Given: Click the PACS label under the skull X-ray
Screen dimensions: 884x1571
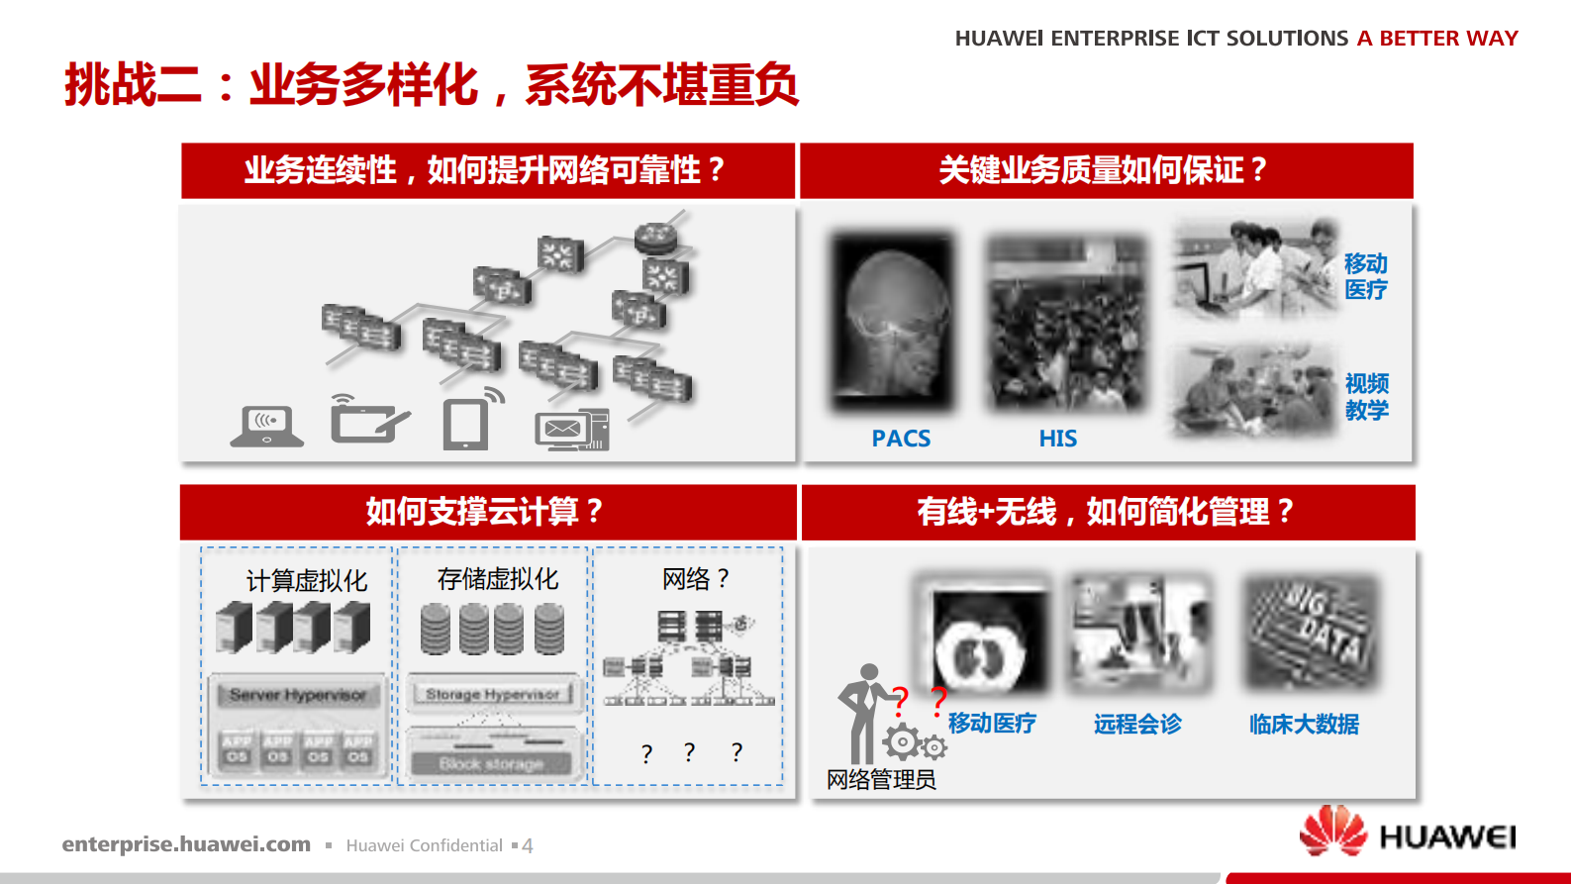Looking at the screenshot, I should [x=901, y=439].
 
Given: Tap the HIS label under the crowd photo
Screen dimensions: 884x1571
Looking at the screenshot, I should [x=1057, y=439].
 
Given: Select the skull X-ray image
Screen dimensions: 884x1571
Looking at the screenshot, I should [x=894, y=322].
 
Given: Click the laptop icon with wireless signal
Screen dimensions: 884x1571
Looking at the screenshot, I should [x=266, y=427].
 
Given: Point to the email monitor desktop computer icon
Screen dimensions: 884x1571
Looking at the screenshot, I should [x=571, y=430].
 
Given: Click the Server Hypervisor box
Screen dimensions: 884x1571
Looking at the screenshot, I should [x=298, y=695].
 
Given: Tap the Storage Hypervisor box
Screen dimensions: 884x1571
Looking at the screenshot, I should [x=492, y=694].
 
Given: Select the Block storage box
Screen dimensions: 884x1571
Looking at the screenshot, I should [x=492, y=764].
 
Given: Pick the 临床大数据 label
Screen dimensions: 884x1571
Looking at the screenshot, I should [x=1304, y=725].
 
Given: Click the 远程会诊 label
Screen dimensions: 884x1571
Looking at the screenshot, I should [x=1137, y=725].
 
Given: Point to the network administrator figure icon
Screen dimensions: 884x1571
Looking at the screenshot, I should [x=864, y=713].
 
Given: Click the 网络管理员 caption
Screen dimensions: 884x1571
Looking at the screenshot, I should [x=881, y=780].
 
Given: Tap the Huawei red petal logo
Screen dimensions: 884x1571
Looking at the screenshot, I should [x=1332, y=831].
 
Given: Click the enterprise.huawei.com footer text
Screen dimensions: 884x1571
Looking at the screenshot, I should [x=186, y=844].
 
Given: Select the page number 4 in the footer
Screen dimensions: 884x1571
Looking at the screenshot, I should [x=528, y=846].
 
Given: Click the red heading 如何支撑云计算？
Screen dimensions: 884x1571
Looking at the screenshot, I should [x=485, y=512].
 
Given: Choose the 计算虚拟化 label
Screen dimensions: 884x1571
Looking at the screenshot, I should [x=307, y=581].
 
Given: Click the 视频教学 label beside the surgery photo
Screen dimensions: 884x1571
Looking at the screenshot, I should [x=1366, y=397].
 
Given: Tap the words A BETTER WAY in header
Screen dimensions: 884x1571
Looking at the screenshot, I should [x=1437, y=39].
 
